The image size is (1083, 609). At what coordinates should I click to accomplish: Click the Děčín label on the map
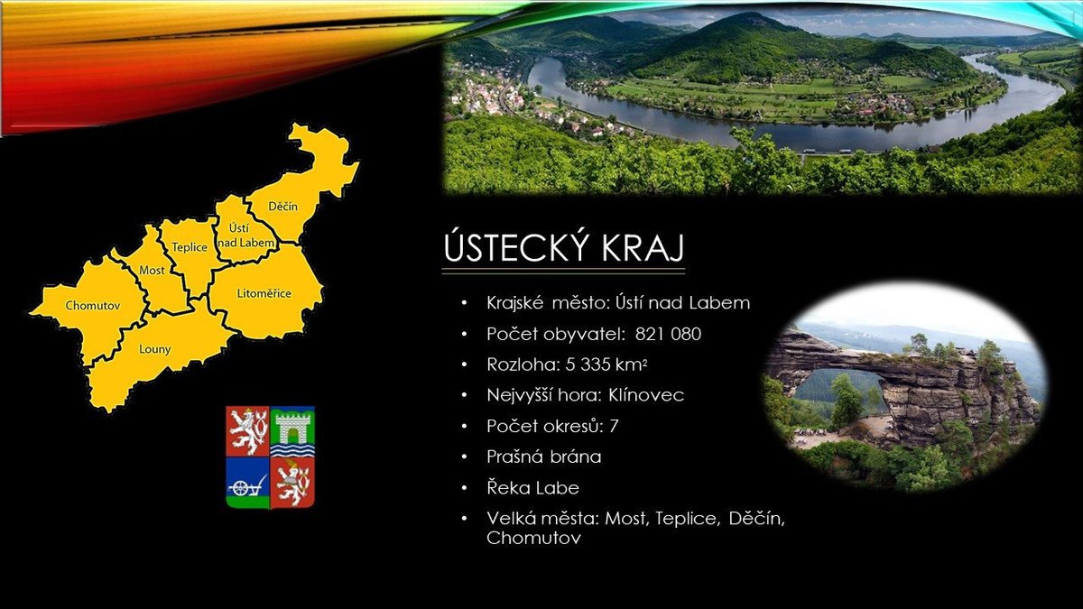[x=282, y=207]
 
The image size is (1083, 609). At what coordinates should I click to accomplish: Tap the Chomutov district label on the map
[x=92, y=306]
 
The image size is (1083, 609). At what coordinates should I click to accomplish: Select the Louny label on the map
[x=154, y=349]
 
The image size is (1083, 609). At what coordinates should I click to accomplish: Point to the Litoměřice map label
[x=264, y=293]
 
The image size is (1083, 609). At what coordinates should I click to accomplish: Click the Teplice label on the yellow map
[x=190, y=247]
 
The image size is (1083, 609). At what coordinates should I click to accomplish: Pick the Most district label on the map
[x=152, y=270]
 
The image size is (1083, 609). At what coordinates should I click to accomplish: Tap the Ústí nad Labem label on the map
[x=246, y=235]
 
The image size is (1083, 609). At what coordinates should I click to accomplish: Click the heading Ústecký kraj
[x=564, y=248]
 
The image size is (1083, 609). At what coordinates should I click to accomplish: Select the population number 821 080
[x=668, y=334]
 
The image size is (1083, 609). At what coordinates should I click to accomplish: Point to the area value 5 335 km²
[x=606, y=364]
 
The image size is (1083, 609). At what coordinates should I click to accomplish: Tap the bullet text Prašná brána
[x=544, y=457]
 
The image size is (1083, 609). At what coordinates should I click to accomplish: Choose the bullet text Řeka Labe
[x=532, y=488]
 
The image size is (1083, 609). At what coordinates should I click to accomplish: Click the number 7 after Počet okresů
[x=614, y=426]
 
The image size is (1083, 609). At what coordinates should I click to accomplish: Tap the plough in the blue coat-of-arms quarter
[x=247, y=485]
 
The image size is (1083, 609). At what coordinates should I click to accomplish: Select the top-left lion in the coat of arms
[x=248, y=431]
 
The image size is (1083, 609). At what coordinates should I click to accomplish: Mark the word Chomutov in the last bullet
[x=533, y=538]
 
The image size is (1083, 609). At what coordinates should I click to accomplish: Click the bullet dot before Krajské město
[x=465, y=303]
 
